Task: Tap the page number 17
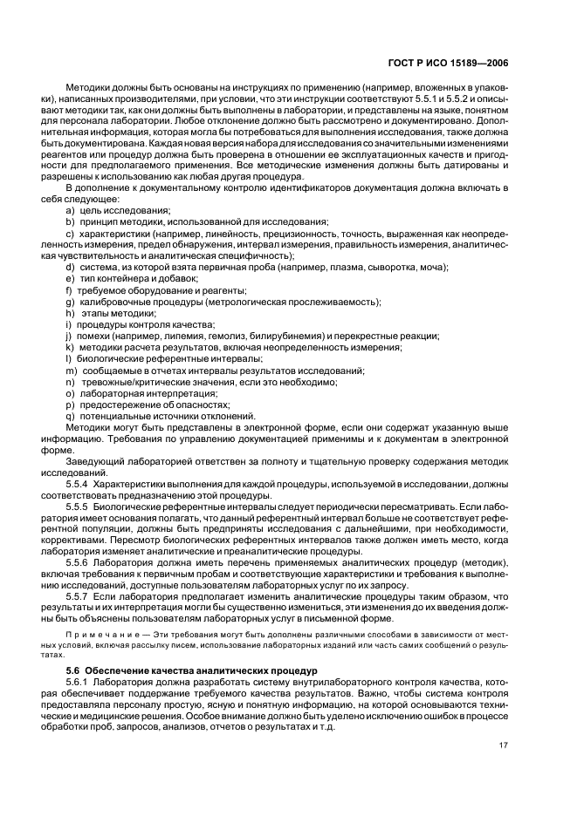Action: tap(504, 745)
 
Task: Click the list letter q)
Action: tap(70, 416)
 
